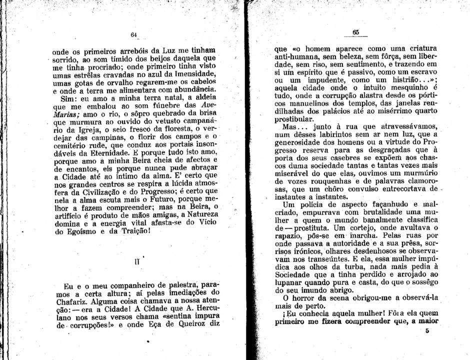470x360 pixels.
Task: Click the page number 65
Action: [355, 31]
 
